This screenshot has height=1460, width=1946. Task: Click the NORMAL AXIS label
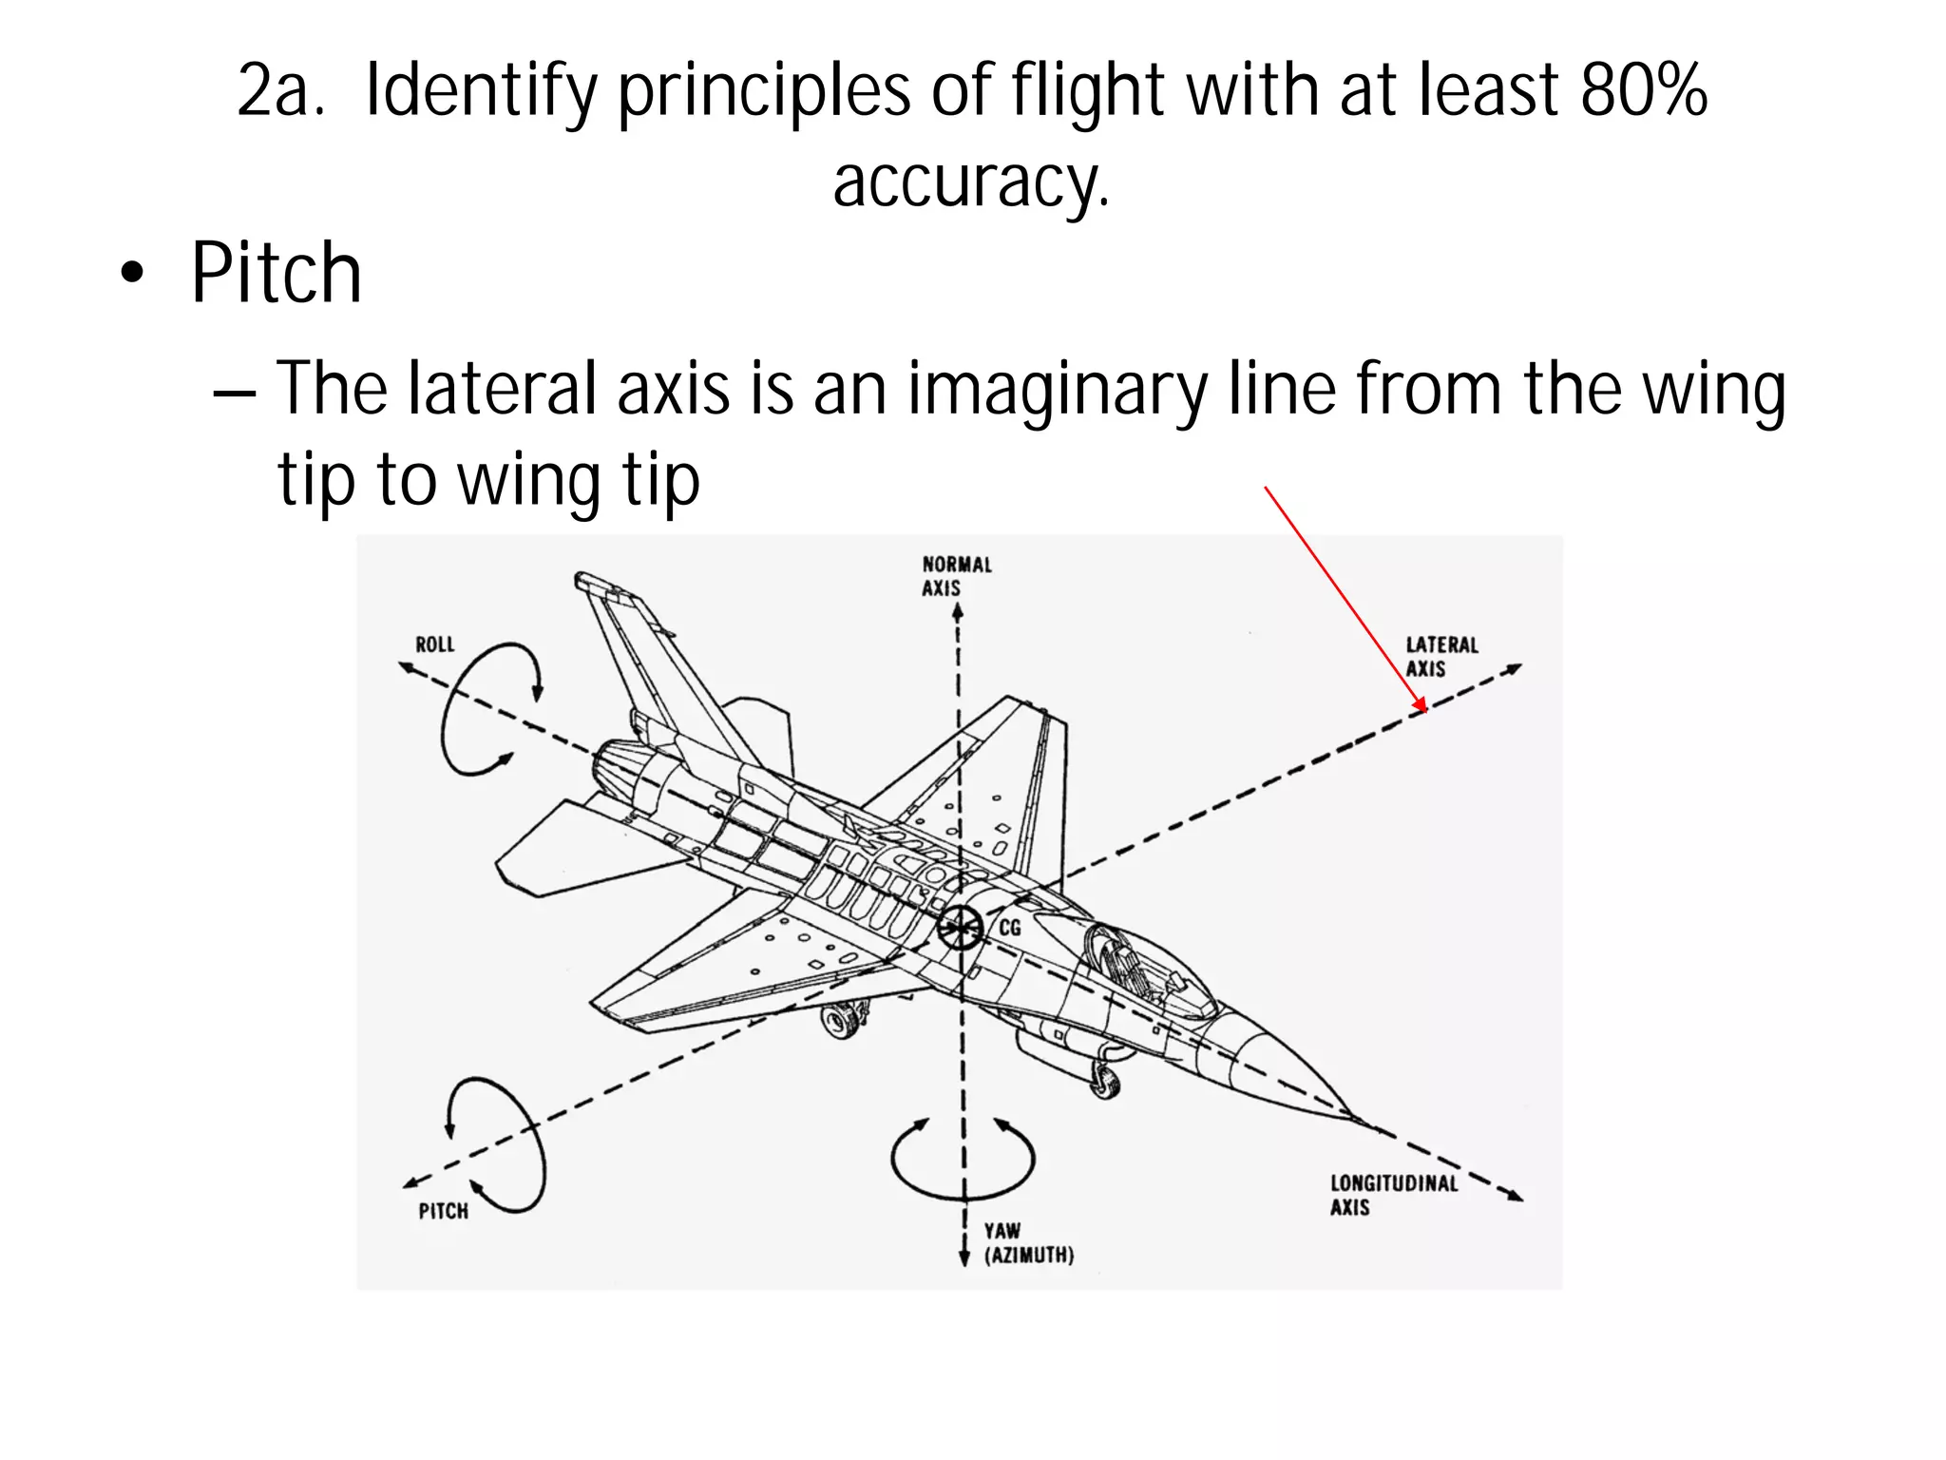click(956, 577)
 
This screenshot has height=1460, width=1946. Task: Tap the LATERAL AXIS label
click(1441, 657)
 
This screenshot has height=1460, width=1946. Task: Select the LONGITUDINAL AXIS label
click(1392, 1195)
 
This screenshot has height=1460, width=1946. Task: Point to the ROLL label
click(435, 644)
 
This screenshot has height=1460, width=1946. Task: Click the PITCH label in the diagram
click(444, 1211)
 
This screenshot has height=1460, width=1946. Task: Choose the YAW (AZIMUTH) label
click(1027, 1243)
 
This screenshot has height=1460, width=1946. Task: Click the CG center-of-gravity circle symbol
click(960, 928)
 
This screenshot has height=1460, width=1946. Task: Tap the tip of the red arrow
click(1425, 709)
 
